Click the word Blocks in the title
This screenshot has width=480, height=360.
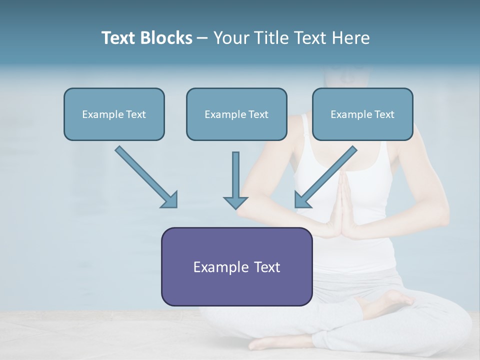(x=167, y=38)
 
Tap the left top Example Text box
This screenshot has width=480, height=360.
(x=114, y=114)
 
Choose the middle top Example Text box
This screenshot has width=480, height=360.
(x=236, y=114)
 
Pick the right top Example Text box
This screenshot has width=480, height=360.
(x=362, y=114)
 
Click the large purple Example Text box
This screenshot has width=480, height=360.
(x=236, y=266)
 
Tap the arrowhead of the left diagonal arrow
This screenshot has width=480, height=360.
(x=170, y=200)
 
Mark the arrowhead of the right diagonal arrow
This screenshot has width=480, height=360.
(x=302, y=200)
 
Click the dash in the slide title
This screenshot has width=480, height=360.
(x=202, y=38)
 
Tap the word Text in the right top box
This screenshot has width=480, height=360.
(x=384, y=114)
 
